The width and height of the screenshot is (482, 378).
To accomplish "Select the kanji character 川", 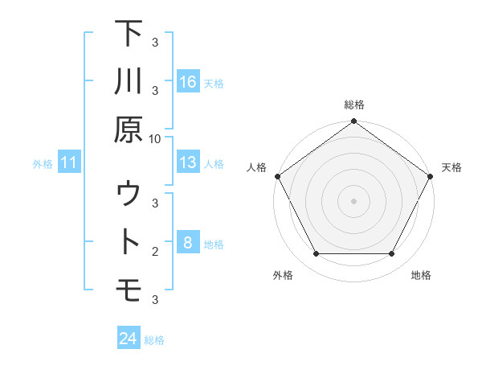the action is [129, 82].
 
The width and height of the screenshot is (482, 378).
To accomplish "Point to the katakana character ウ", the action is [129, 194].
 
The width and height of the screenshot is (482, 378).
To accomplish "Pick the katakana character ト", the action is [129, 242].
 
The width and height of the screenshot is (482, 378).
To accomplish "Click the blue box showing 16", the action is [187, 81].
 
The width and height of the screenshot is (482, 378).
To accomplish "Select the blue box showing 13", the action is [187, 162].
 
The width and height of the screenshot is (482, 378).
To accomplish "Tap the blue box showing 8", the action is [187, 243].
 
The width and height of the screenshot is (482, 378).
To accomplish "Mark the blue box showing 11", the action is [69, 163].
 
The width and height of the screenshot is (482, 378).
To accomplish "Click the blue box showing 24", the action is [129, 339].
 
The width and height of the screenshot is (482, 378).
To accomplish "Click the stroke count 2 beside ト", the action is [154, 252].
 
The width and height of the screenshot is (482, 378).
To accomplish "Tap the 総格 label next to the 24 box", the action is [154, 340].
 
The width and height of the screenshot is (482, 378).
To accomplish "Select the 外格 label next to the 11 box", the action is [43, 164].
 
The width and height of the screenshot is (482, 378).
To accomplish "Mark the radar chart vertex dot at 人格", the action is [277, 176].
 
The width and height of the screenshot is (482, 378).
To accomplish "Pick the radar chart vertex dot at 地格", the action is [392, 254].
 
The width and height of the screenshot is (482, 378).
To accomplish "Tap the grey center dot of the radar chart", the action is [353, 200].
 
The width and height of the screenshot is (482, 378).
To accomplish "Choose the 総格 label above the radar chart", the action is [353, 105].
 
